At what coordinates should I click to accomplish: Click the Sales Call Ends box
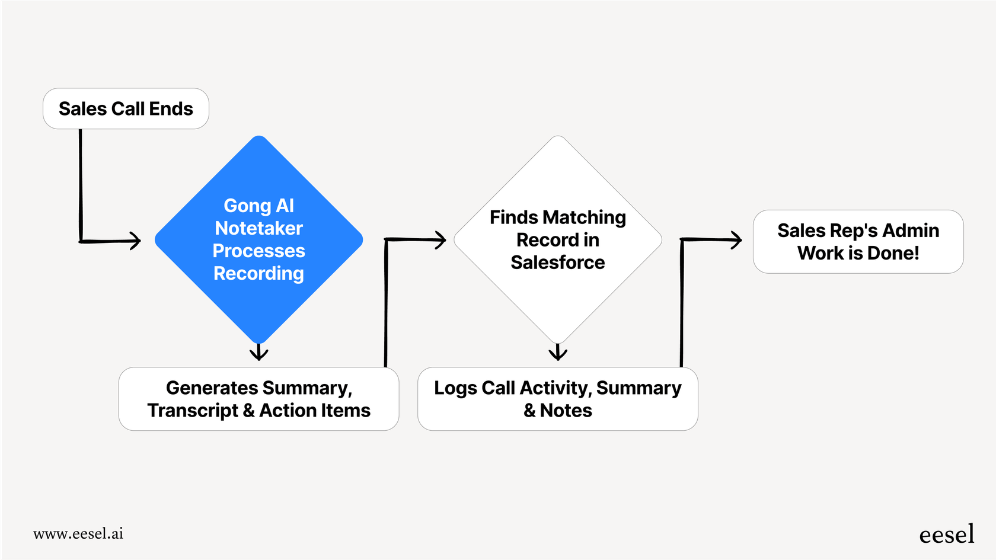tap(126, 109)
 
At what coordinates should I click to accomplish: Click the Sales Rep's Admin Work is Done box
tap(858, 242)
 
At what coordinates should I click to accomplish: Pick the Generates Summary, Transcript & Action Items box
tap(258, 399)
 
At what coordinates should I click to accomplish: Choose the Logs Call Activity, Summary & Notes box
tap(557, 399)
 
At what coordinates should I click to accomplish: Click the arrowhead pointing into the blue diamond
tap(135, 241)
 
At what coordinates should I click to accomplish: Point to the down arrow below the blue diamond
tap(258, 353)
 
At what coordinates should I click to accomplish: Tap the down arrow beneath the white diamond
tap(558, 353)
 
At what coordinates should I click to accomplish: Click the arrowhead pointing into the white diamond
tap(440, 240)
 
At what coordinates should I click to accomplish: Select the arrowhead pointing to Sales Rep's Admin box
tap(736, 240)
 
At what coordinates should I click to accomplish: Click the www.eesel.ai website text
tap(78, 533)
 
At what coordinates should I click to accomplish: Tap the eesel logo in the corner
tap(946, 535)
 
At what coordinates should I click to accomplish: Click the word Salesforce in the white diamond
tap(557, 263)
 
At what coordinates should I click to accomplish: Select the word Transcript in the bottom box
tap(193, 410)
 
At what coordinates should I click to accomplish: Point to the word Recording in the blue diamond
tap(258, 274)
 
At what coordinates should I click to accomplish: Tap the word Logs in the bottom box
tap(455, 388)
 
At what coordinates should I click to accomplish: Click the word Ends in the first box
tap(171, 109)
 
